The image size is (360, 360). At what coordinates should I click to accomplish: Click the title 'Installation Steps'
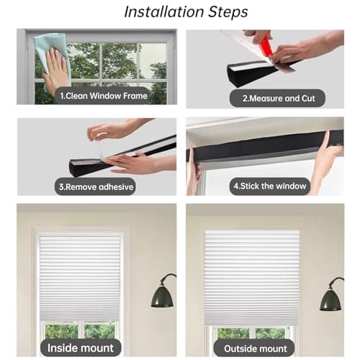click(x=186, y=12)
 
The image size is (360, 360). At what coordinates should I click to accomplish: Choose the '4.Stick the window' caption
click(x=270, y=186)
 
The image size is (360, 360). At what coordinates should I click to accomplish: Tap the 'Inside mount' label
click(x=81, y=348)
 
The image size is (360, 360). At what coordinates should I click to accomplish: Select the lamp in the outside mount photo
click(x=330, y=297)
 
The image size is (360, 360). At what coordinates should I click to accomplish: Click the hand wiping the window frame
click(x=56, y=72)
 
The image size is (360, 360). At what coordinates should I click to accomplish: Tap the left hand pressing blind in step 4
click(x=194, y=173)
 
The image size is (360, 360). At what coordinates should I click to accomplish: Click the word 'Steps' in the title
click(x=223, y=12)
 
